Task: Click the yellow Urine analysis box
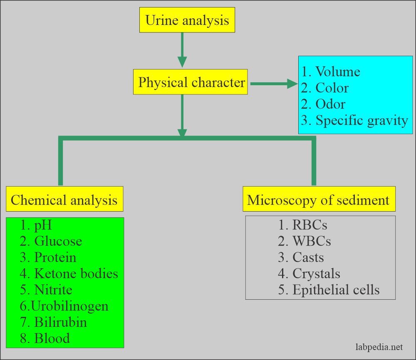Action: pos(187,20)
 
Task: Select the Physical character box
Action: pos(191,82)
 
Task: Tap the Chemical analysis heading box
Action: pos(64,200)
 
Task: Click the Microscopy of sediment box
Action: pos(318,200)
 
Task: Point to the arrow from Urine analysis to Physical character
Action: pos(182,50)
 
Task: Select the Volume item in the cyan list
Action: pos(331,72)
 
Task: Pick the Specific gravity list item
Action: pos(354,120)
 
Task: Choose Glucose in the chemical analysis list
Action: pos(51,241)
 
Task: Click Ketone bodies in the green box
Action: pos(69,274)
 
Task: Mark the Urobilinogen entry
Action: pos(64,306)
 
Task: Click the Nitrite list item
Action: pos(46,290)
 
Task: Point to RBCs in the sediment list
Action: pos(302,225)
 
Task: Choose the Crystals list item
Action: pos(309,274)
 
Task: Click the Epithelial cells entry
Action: pos(329,290)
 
